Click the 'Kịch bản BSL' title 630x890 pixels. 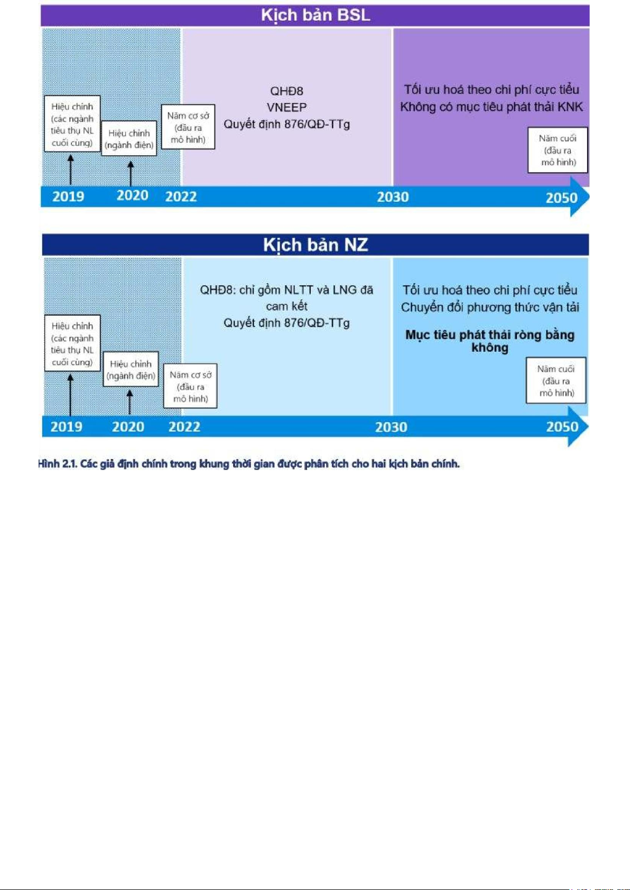pyautogui.click(x=316, y=15)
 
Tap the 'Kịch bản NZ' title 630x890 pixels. pyautogui.click(x=316, y=245)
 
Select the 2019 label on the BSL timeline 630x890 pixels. pyautogui.click(x=68, y=196)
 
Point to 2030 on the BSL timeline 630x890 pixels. pyautogui.click(x=393, y=197)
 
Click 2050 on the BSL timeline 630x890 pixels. pyautogui.click(x=561, y=198)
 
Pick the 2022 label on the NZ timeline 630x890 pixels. pyautogui.click(x=184, y=427)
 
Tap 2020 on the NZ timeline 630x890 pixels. pyautogui.click(x=128, y=427)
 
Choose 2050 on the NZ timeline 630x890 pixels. pyautogui.click(x=562, y=427)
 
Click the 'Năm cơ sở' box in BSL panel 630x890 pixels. pyautogui.click(x=188, y=127)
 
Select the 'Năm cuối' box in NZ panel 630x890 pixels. pyautogui.click(x=556, y=381)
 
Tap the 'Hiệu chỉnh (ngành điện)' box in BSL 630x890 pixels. pyautogui.click(x=129, y=138)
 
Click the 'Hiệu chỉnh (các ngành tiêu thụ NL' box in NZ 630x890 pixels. pyautogui.click(x=72, y=343)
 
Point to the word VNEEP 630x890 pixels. pyautogui.click(x=286, y=107)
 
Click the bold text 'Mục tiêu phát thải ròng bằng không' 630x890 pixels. pyautogui.click(x=490, y=341)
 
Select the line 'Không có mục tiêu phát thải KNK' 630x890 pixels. pyautogui.click(x=492, y=107)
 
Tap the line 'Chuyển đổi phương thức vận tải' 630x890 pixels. pyautogui.click(x=490, y=307)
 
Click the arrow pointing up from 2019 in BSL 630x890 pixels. pyautogui.click(x=71, y=170)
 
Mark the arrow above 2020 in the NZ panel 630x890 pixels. pyautogui.click(x=129, y=402)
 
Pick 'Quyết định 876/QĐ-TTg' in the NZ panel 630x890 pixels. pyautogui.click(x=286, y=323)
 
